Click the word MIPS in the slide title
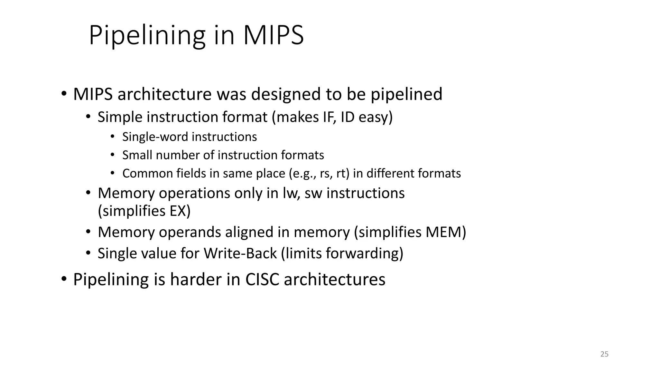273,35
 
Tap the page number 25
604,354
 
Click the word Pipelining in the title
147,36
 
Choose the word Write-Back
240,253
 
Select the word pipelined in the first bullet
406,94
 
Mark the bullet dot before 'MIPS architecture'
64,94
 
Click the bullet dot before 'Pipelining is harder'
64,279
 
